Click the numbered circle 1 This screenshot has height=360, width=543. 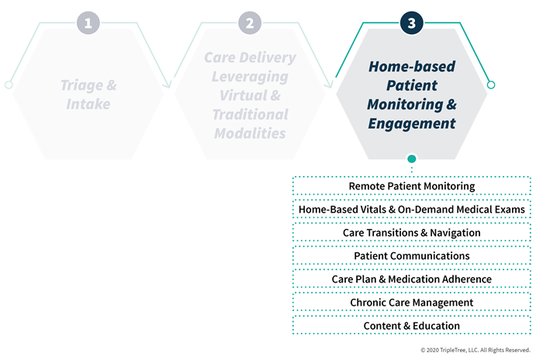(x=88, y=22)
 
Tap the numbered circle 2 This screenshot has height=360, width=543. (x=250, y=22)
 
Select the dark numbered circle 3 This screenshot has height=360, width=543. (x=411, y=22)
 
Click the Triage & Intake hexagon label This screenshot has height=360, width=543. (x=88, y=95)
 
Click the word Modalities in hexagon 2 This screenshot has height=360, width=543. (x=250, y=133)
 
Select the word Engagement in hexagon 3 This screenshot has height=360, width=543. (x=412, y=123)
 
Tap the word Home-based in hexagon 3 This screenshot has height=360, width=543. (x=412, y=67)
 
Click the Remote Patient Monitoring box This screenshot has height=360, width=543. (x=412, y=186)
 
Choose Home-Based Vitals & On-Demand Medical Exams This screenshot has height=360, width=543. (x=412, y=209)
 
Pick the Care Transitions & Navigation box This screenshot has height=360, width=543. (x=412, y=233)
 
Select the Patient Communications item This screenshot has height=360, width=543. (x=412, y=256)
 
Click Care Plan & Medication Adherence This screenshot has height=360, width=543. (x=412, y=279)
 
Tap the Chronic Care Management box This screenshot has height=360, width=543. (x=412, y=303)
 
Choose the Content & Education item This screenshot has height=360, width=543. (x=412, y=326)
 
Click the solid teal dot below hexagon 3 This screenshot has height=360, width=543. (x=411, y=159)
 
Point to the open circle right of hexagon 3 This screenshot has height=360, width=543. (x=491, y=85)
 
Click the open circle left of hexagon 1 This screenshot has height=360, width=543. (x=9, y=85)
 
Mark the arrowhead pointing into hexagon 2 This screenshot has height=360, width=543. (x=168, y=85)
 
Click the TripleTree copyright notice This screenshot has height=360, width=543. (x=475, y=350)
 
